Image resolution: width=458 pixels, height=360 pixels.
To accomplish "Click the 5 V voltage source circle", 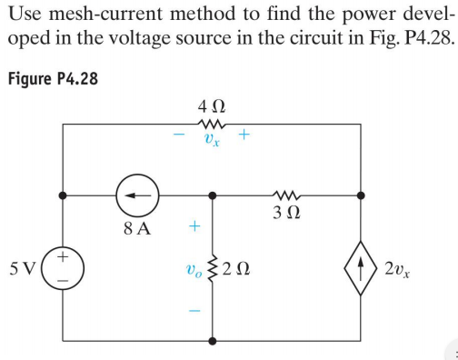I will coord(63,269).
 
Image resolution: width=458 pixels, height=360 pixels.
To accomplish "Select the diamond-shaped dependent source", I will coord(363,269).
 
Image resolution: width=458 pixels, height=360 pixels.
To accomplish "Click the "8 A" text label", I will coord(137,227).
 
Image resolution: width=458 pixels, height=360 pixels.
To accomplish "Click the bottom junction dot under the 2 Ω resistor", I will coord(214,343).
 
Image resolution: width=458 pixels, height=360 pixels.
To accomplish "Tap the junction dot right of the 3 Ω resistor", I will coord(363,195).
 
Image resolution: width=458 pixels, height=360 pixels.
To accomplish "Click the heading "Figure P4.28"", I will coord(52,76).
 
